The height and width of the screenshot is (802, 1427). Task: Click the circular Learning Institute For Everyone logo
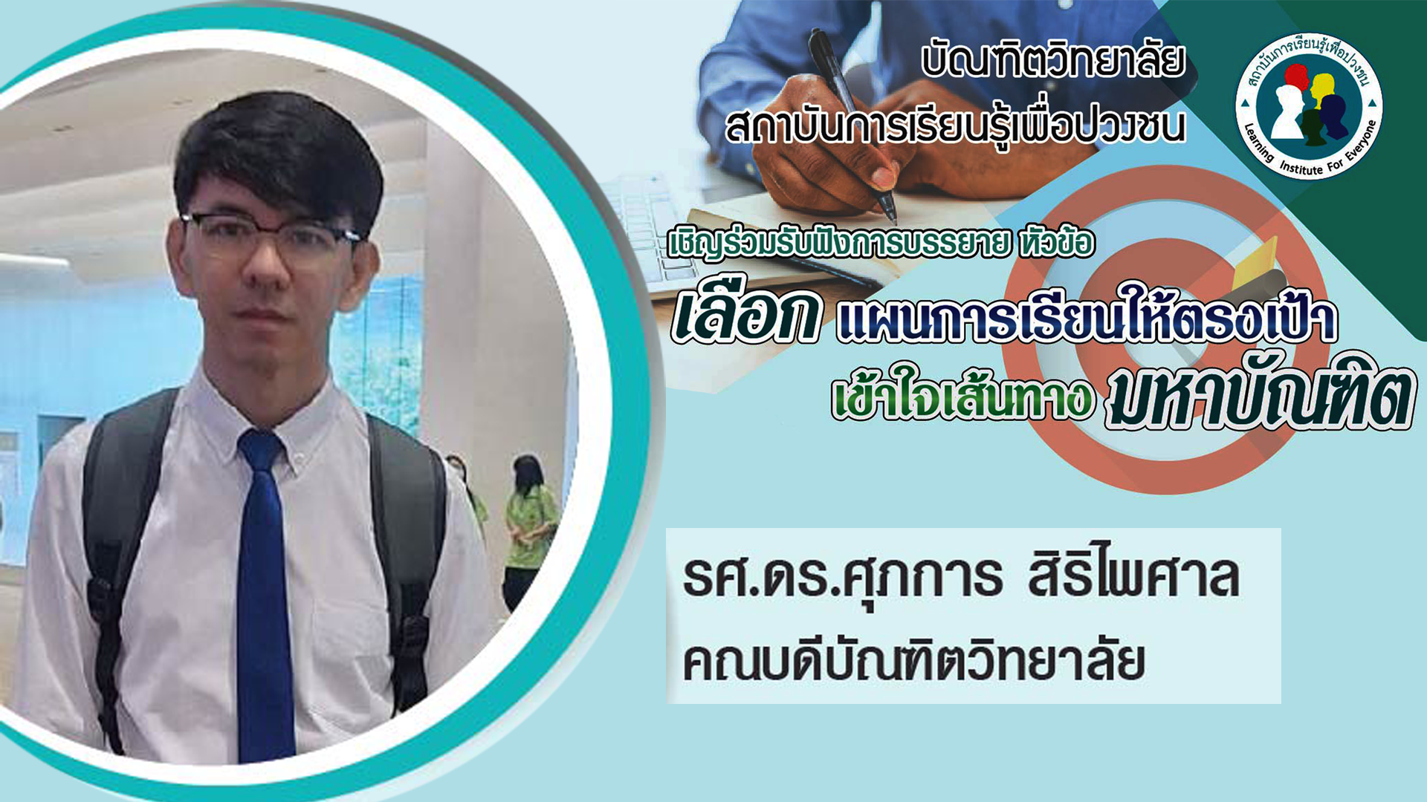click(1309, 106)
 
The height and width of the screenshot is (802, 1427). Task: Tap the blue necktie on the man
click(264, 594)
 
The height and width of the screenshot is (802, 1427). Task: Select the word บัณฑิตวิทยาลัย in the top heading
click(1053, 61)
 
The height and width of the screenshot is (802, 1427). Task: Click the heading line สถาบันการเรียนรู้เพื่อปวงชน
click(956, 125)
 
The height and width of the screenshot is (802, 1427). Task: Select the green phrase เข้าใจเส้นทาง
click(963, 395)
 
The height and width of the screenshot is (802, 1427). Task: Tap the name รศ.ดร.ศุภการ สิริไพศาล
click(961, 578)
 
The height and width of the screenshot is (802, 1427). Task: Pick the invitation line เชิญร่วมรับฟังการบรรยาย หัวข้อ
click(881, 244)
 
